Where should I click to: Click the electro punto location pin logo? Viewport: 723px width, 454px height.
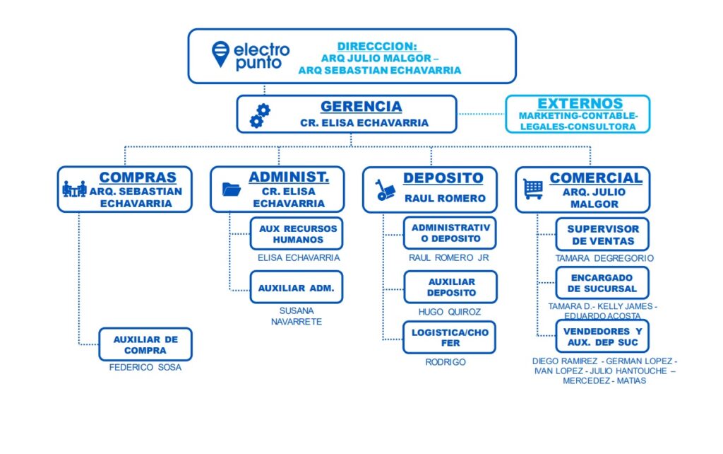click(220, 54)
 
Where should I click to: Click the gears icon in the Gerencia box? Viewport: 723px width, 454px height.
click(260, 115)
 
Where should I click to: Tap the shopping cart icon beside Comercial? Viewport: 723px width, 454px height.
click(533, 189)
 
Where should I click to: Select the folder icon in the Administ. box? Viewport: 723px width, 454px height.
click(231, 190)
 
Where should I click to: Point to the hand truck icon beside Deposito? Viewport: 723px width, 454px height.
click(385, 190)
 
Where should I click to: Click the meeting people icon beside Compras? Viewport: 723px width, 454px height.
click(74, 188)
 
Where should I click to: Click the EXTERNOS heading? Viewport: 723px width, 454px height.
click(580, 103)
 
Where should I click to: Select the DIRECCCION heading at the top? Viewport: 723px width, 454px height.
click(377, 46)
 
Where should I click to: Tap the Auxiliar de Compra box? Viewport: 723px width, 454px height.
click(145, 344)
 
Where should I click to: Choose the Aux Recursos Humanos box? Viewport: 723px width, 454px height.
click(297, 233)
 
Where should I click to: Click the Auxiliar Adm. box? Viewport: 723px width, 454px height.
click(297, 287)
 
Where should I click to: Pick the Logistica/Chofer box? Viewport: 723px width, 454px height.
click(450, 337)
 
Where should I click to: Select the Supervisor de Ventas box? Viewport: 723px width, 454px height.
click(602, 235)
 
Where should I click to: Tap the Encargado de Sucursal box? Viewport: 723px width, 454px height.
click(602, 283)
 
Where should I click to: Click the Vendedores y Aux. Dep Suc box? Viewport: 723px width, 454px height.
click(602, 336)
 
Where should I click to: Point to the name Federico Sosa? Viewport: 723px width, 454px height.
click(145, 368)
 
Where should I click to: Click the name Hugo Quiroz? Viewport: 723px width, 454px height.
click(450, 312)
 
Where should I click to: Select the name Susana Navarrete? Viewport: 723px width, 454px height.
click(297, 316)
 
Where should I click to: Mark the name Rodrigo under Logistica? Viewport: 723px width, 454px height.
click(446, 362)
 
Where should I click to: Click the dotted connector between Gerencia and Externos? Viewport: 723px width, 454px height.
click(481, 114)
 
